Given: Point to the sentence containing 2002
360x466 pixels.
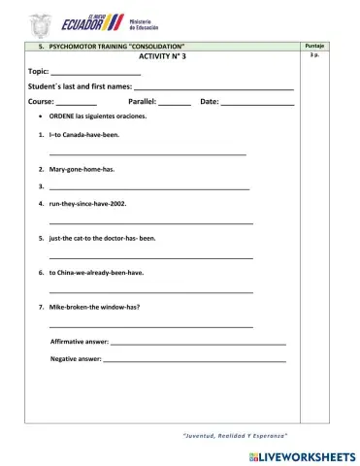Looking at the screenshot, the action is click(87, 204).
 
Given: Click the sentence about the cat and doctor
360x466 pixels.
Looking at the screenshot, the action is click(102, 238).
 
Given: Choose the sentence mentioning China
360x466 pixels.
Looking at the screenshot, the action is click(96, 272).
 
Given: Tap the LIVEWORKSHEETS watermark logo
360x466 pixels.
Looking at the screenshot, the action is click(302, 455).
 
